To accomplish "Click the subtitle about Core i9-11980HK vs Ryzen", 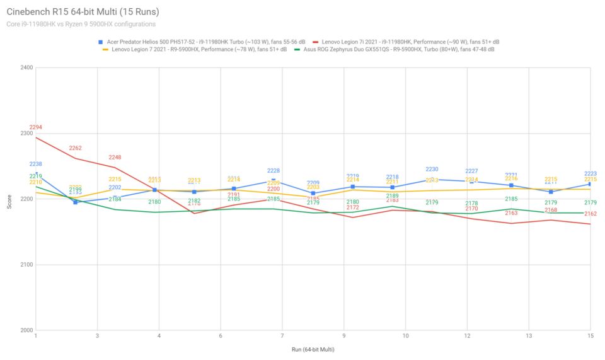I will pos(81,24).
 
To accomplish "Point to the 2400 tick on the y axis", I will pos(26,67).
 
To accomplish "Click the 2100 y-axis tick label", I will pos(26,265).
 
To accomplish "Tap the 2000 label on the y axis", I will pos(26,330).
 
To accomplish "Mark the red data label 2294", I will pos(36,127).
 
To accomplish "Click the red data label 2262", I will pos(76,148).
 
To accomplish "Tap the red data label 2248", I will pos(115,157).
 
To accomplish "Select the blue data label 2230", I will pos(432,170).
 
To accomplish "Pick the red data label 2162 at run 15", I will pos(591,214).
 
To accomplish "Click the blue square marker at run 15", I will pos(590,184).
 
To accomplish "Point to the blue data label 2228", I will pos(274,171).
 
